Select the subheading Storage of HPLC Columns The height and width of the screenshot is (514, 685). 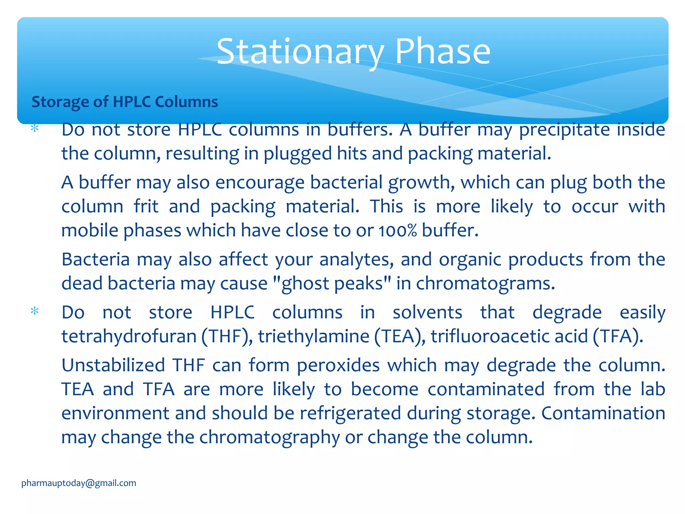coord(124,102)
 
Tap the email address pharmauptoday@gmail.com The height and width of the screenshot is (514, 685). coord(79,483)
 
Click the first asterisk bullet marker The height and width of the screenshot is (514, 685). coord(34,129)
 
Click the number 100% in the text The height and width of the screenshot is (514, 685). coord(398,231)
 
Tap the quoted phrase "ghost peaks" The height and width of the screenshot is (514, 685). coord(332,283)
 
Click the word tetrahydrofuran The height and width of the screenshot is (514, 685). coord(129,336)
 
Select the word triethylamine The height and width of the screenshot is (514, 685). coord(313,336)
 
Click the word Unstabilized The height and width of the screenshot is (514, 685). coord(113,365)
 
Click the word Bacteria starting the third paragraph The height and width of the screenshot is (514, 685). coord(96,259)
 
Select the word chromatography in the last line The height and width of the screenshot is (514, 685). coord(270,437)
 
